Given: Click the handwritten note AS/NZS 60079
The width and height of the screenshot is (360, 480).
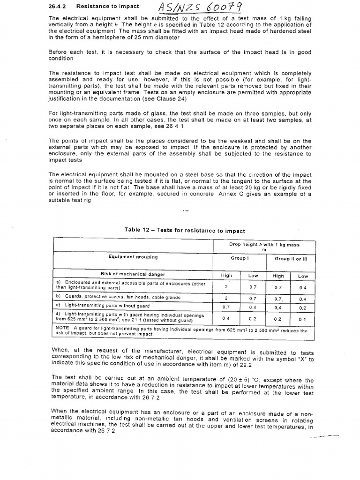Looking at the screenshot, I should point(201,8).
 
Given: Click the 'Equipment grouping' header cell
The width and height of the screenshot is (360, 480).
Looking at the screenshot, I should point(133,257).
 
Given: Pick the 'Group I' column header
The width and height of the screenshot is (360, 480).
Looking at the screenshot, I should point(239,258).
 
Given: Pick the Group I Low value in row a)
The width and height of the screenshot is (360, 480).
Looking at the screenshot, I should point(253,286).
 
